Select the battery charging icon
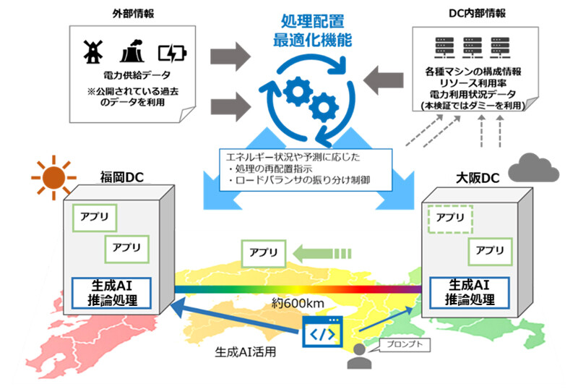[x=171, y=52]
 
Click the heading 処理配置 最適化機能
[x=312, y=30]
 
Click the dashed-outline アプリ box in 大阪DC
[x=450, y=216]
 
